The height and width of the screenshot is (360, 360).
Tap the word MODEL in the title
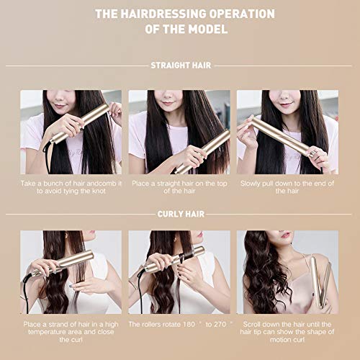(x=209, y=29)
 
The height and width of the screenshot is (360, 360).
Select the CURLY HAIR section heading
(x=179, y=214)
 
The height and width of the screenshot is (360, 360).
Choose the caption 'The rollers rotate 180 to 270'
(x=179, y=325)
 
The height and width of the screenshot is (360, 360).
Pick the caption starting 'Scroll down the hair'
(x=287, y=329)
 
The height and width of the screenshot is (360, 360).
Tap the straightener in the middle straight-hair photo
(x=204, y=151)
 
